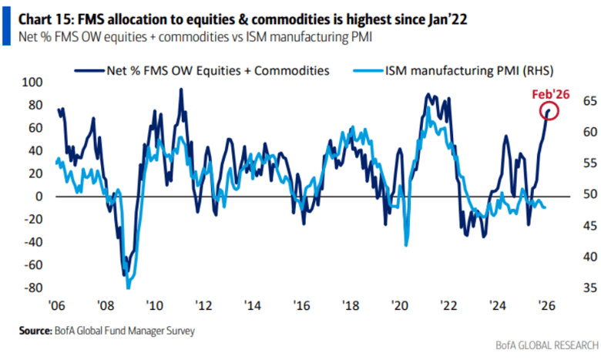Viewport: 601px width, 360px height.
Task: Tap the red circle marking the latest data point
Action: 547,113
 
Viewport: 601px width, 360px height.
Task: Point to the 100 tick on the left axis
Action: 32,82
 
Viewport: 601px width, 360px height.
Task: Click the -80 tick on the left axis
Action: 32,288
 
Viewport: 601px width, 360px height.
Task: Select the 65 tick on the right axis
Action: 571,101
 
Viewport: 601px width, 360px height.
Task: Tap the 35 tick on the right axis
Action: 571,288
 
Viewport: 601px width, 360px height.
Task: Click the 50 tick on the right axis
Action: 571,195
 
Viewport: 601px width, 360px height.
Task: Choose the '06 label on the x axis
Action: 56,304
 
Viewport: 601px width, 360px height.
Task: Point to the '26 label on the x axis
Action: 546,304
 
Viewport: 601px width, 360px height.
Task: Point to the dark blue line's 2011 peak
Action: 180,89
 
